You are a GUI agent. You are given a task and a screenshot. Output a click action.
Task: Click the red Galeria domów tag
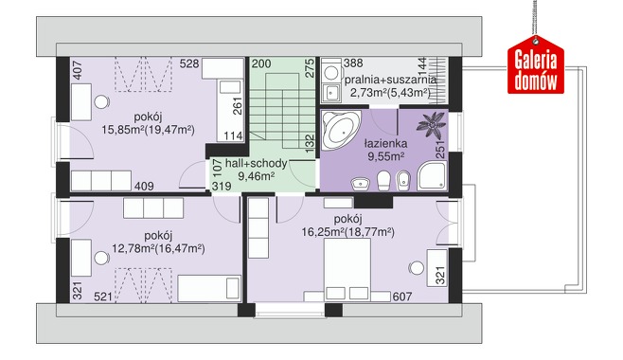coord(536,66)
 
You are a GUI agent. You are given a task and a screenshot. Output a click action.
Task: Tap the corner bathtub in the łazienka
coord(340,130)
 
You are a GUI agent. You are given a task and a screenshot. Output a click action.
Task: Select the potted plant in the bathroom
coord(431,124)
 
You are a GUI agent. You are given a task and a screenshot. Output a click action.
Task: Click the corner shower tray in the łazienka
coord(432,176)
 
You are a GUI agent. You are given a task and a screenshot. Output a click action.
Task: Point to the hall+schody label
coord(256,163)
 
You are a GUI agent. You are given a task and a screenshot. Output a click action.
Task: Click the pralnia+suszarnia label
coord(390,80)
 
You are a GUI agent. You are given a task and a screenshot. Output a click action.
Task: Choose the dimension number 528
coord(189,63)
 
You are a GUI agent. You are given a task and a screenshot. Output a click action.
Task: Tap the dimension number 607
coord(402,297)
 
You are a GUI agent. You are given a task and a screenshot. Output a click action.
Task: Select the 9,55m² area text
coord(385,156)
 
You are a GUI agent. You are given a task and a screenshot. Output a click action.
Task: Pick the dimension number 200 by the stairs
coord(261,63)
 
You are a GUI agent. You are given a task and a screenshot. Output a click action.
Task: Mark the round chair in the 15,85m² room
coord(101,101)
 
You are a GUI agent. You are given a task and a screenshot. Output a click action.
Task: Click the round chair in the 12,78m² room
coord(101,259)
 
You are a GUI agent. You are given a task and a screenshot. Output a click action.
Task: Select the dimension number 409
coord(144,186)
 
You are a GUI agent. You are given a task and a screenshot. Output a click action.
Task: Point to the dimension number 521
coord(103,297)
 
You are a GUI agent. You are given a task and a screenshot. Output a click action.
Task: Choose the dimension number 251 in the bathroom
coord(440,150)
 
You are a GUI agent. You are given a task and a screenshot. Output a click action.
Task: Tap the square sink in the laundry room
coord(331,93)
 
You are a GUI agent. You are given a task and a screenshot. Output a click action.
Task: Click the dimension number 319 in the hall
coord(222,186)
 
